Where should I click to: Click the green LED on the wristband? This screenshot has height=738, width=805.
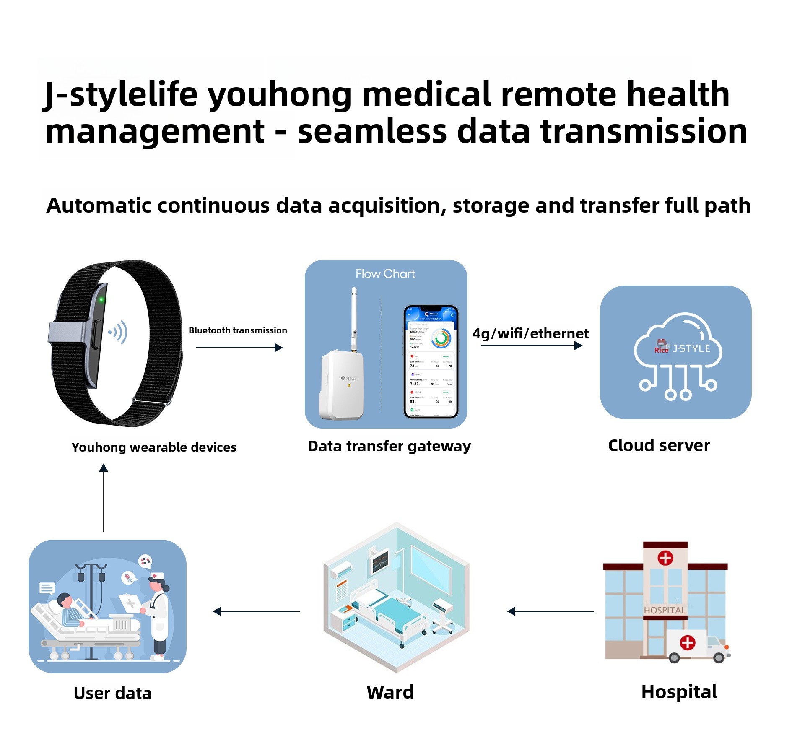[101, 299]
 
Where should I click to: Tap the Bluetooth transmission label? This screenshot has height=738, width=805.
[238, 330]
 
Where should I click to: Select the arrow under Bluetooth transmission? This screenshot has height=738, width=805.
[239, 347]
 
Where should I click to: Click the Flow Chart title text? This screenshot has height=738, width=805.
[385, 274]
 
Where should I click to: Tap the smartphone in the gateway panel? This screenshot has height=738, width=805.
[431, 361]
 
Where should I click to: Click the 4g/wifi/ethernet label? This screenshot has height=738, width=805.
[530, 333]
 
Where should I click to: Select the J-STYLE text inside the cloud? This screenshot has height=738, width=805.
[691, 348]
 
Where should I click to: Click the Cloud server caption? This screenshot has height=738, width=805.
[659, 445]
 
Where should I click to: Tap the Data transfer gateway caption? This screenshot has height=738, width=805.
[389, 446]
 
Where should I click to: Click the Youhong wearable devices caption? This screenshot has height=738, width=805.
[153, 447]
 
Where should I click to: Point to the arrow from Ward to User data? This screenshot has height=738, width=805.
[256, 611]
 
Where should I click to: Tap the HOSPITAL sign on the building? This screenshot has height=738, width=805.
[665, 610]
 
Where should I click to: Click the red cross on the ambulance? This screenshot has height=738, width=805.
[687, 642]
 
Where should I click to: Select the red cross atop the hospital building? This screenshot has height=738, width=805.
[665, 558]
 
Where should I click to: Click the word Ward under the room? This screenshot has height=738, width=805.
[390, 692]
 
